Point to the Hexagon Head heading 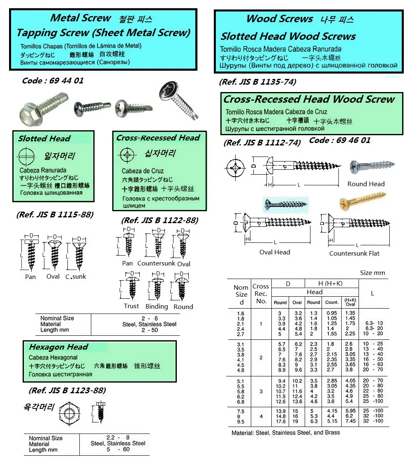(58, 347)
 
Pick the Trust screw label (131, 306)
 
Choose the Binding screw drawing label (157, 307)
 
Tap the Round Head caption (366, 184)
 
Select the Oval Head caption (275, 252)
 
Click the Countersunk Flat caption (354, 254)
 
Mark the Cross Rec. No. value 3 (261, 391)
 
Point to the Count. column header (332, 302)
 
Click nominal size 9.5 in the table (241, 421)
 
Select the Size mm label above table (373, 273)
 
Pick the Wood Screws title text (280, 19)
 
